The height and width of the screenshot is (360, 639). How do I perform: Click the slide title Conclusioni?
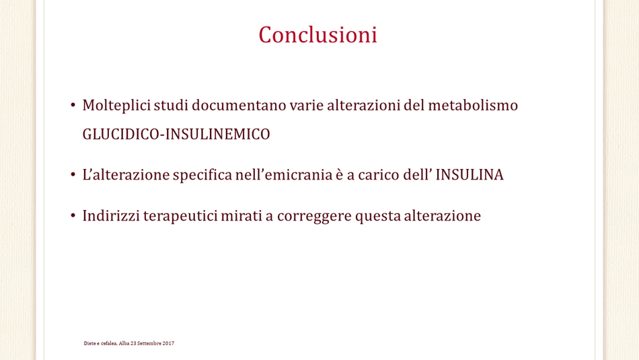tap(318, 35)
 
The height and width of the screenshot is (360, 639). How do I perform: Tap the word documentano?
tap(239, 105)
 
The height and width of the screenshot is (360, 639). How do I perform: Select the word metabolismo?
tap(473, 105)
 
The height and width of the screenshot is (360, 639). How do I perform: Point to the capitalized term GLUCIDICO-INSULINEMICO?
tap(176, 134)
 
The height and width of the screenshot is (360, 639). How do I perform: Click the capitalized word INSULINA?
tap(469, 175)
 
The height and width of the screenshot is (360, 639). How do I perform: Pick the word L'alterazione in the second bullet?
tap(126, 175)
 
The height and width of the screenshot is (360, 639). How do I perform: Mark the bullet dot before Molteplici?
tap(73, 106)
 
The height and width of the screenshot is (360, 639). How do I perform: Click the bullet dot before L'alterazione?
tap(73, 175)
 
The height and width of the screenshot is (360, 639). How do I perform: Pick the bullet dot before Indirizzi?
tap(73, 215)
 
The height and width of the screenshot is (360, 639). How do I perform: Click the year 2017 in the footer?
tap(168, 343)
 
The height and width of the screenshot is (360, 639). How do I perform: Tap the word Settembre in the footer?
tap(149, 343)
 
